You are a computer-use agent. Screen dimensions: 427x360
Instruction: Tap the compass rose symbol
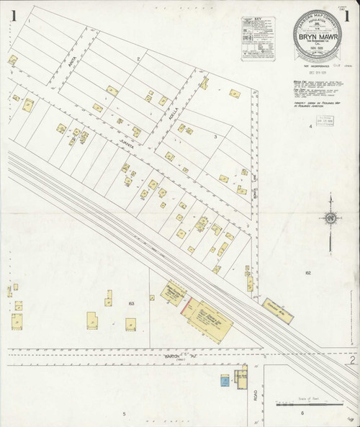(330, 217)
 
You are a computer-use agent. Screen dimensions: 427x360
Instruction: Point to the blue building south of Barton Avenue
(225, 379)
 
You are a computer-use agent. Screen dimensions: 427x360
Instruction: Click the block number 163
(132, 305)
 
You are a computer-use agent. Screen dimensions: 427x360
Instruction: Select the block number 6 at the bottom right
(303, 413)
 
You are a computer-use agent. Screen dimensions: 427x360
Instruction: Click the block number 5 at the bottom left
(124, 413)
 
